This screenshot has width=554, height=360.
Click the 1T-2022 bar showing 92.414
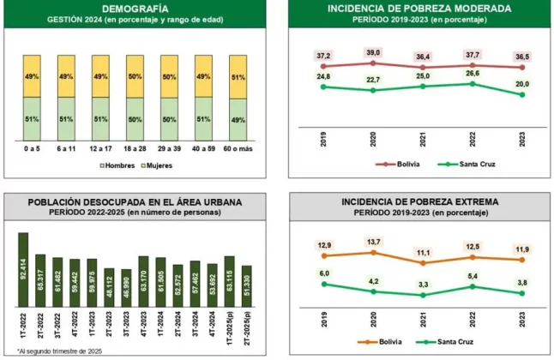[x=23, y=269]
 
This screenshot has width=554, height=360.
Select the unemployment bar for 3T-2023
[x=126, y=288]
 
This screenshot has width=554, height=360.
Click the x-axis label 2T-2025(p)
[x=247, y=329]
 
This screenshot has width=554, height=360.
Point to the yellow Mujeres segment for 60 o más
[x=238, y=77]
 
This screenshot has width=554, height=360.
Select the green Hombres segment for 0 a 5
[x=32, y=118]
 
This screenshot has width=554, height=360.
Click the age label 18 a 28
[x=135, y=149]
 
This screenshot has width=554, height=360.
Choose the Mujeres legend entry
[x=157, y=165]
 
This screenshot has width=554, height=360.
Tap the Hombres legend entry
[x=117, y=165]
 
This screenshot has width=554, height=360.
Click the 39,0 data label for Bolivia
[x=373, y=52]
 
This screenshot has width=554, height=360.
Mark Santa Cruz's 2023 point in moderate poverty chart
[x=522, y=94]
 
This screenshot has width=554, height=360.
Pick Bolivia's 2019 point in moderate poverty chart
[x=323, y=66]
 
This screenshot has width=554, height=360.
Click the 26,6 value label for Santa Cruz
[x=473, y=73]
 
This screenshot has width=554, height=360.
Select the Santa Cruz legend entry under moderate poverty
[x=467, y=164]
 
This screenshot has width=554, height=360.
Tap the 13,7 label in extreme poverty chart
[x=373, y=242]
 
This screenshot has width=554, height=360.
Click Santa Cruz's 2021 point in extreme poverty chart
[x=424, y=295]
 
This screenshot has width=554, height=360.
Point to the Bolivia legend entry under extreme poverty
[x=379, y=342]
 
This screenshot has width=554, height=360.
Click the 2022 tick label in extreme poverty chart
[x=473, y=320]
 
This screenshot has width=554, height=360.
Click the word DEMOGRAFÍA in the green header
[x=135, y=9]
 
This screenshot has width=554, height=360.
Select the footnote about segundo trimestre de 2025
[x=60, y=351]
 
